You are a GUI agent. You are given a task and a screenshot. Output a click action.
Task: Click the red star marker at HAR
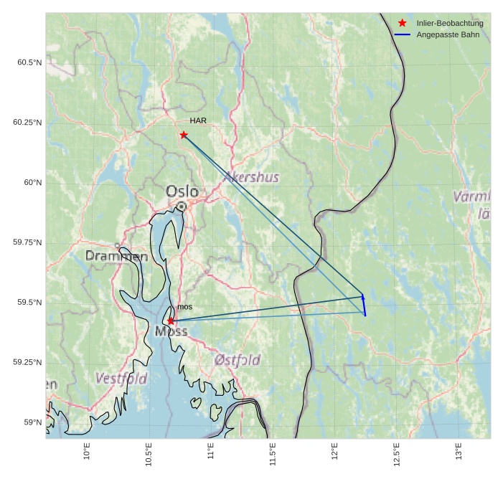tap(184, 135)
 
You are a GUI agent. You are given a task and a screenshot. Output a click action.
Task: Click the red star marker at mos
tap(170, 321)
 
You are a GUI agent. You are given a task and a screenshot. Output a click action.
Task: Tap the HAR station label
tap(198, 120)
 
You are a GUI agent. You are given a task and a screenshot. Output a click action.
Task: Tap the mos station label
tap(184, 307)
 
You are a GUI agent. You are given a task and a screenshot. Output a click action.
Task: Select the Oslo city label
tap(182, 191)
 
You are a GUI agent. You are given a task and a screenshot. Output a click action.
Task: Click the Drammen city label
tap(116, 256)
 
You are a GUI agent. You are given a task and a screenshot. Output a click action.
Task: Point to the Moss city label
tap(171, 331)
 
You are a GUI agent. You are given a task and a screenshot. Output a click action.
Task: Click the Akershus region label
tap(251, 177)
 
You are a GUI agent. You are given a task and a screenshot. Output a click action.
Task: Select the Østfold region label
tap(238, 360)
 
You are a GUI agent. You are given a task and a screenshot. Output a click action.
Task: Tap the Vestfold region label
tap(121, 378)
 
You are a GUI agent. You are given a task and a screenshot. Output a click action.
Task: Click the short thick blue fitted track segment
tap(364, 305)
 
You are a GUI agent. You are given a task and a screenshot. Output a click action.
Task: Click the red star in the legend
tap(403, 23)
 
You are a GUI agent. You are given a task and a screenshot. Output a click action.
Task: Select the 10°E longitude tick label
tap(86, 454)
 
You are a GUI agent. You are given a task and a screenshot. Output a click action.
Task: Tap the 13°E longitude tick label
tap(459, 454)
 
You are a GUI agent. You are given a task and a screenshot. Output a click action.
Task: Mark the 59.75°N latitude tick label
tap(27, 242)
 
